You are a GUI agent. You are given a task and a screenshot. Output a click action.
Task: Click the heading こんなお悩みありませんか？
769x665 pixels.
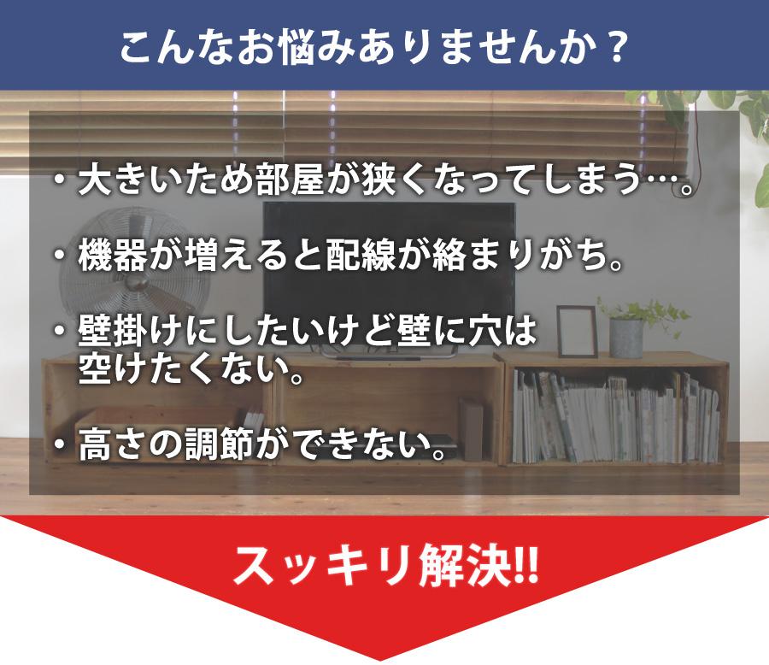373,48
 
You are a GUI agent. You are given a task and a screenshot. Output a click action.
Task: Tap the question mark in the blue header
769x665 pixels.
613,48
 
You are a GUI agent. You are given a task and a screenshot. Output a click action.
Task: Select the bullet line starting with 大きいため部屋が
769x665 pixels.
373,180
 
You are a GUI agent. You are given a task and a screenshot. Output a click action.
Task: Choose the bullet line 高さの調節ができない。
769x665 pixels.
250,444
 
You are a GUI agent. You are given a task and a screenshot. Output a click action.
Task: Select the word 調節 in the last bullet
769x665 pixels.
220,444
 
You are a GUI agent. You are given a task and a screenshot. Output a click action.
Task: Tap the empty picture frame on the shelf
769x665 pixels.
577,332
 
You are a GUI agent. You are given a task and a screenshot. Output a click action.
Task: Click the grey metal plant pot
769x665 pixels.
626,338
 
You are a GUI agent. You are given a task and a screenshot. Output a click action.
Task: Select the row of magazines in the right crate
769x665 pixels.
616,417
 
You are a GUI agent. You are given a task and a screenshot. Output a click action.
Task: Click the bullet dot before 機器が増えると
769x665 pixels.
60,256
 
